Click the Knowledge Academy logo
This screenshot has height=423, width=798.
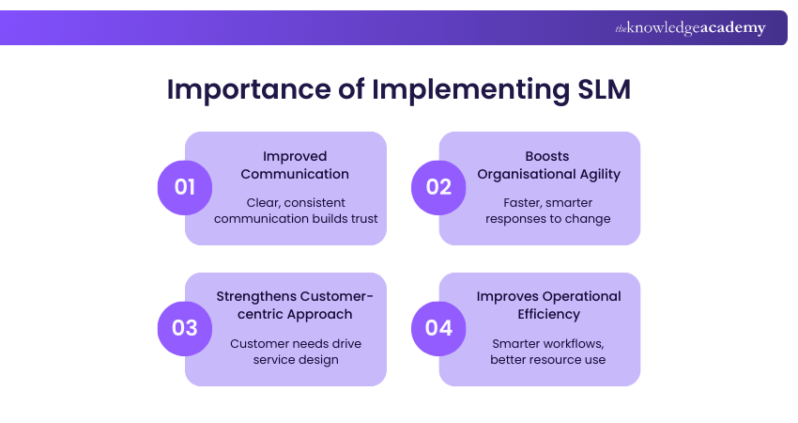(x=690, y=28)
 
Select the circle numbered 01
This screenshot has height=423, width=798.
(x=185, y=186)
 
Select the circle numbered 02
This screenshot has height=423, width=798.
(x=439, y=186)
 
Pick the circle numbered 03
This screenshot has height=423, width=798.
(x=185, y=328)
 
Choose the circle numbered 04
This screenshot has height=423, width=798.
(x=439, y=328)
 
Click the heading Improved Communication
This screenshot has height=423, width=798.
(x=295, y=164)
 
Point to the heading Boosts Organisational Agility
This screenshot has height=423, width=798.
(x=547, y=164)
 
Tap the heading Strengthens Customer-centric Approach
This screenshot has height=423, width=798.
(x=295, y=305)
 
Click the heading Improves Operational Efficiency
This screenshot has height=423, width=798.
(x=547, y=305)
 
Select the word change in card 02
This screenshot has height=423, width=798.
(x=591, y=219)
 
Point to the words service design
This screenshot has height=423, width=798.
(x=295, y=360)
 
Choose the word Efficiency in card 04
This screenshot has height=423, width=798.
(x=547, y=314)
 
